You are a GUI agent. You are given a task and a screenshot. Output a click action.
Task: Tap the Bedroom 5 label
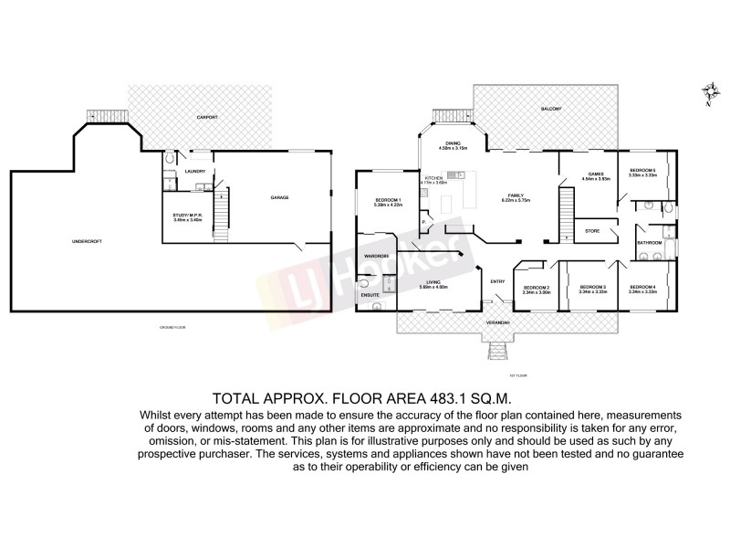coord(643,170)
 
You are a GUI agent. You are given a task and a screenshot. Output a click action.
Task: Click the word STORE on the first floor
coord(591,230)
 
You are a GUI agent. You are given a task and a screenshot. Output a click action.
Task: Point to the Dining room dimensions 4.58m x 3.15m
coord(454,148)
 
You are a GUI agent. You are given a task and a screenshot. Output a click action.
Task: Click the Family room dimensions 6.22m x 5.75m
coord(513,200)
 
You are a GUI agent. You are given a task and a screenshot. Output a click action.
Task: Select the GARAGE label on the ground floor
coord(281,197)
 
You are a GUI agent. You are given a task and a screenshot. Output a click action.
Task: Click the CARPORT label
coord(209,118)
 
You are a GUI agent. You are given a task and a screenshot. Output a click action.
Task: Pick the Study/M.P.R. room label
coord(186,216)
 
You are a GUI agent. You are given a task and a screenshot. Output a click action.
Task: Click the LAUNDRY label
coord(194,171)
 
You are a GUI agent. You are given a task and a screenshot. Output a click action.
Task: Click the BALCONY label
coord(550,109)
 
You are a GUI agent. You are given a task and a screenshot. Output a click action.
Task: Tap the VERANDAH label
coord(497,324)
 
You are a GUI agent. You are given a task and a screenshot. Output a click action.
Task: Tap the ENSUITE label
coord(370,295)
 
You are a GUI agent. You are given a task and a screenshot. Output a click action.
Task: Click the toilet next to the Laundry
coord(172,160)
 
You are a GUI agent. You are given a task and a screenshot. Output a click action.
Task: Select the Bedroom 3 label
coord(593,288)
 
